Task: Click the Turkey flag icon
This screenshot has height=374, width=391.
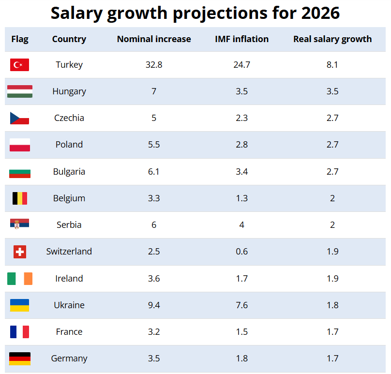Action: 19,65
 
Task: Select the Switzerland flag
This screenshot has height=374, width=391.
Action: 20,252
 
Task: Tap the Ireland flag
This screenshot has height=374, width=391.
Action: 20,279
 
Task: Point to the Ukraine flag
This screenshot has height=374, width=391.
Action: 20,305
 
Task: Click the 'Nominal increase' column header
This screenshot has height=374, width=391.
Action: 154,39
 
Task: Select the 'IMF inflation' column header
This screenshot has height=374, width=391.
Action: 241,39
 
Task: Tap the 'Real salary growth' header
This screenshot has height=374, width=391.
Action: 332,39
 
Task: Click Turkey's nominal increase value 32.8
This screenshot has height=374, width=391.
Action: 154,65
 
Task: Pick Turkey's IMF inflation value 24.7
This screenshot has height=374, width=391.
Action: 241,65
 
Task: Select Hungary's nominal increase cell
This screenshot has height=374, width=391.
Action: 154,91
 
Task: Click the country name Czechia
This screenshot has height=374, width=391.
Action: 69,118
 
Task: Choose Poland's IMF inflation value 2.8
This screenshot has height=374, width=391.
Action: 241,145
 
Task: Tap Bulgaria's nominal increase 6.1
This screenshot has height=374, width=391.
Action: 154,172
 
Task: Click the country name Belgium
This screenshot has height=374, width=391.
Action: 69,198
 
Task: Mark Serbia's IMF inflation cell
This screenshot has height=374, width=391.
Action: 241,225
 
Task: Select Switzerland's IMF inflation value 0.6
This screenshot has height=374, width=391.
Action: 241,252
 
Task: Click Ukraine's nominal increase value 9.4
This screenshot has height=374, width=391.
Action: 154,305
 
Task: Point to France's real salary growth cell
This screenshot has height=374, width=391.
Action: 332,332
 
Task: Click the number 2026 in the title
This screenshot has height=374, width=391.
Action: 320,14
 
